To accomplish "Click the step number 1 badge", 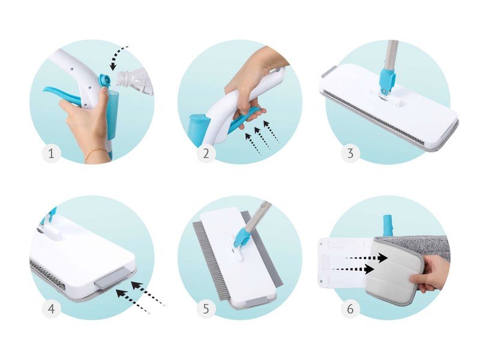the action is click(51, 153).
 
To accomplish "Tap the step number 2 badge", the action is click(206, 153).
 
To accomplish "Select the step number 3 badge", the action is click(350, 153).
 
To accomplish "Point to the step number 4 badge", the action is click(51, 308).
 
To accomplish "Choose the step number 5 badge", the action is click(206, 308).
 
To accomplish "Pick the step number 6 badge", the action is click(350, 308).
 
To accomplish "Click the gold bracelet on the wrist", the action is click(95, 154).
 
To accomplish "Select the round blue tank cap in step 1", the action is click(104, 81).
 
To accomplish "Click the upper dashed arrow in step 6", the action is click(367, 258).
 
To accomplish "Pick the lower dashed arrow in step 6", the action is click(353, 269).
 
